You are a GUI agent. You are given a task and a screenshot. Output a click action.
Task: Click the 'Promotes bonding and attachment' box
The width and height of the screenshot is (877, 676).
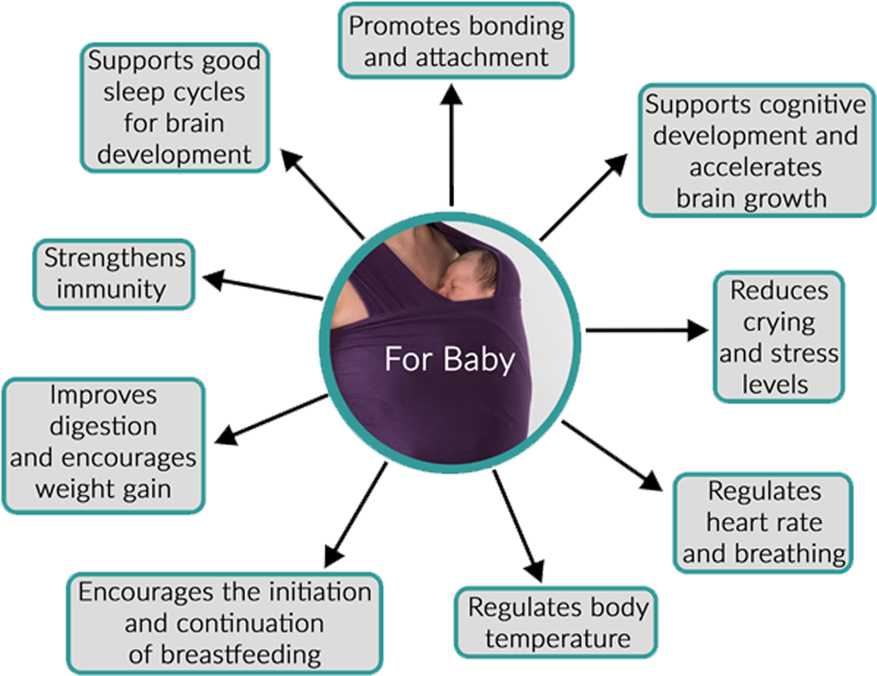click(x=456, y=40)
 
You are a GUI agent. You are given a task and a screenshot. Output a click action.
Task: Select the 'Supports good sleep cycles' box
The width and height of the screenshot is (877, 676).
click(x=175, y=107)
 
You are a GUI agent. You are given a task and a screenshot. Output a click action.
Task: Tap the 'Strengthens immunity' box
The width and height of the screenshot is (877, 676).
click(x=114, y=274)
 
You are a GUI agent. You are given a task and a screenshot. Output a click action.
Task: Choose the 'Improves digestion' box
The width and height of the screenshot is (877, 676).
click(x=103, y=442)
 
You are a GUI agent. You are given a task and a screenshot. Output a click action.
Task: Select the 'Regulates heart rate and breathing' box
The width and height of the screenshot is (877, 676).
click(x=763, y=523)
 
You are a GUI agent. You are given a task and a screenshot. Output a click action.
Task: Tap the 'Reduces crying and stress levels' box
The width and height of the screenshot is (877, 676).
click(x=779, y=337)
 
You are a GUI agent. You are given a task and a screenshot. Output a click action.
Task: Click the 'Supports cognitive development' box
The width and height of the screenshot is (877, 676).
click(x=756, y=151)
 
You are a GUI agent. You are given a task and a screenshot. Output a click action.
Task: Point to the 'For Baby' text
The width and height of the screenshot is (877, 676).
click(x=450, y=360)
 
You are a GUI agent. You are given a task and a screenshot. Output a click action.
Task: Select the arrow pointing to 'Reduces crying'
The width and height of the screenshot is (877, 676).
click(x=648, y=330)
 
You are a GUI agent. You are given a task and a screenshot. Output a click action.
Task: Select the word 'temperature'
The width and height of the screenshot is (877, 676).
click(x=558, y=638)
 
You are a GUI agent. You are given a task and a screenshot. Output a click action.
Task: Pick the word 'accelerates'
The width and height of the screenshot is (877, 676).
click(x=755, y=166)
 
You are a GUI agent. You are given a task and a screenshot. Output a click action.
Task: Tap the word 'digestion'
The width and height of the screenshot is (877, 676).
click(x=103, y=426)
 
